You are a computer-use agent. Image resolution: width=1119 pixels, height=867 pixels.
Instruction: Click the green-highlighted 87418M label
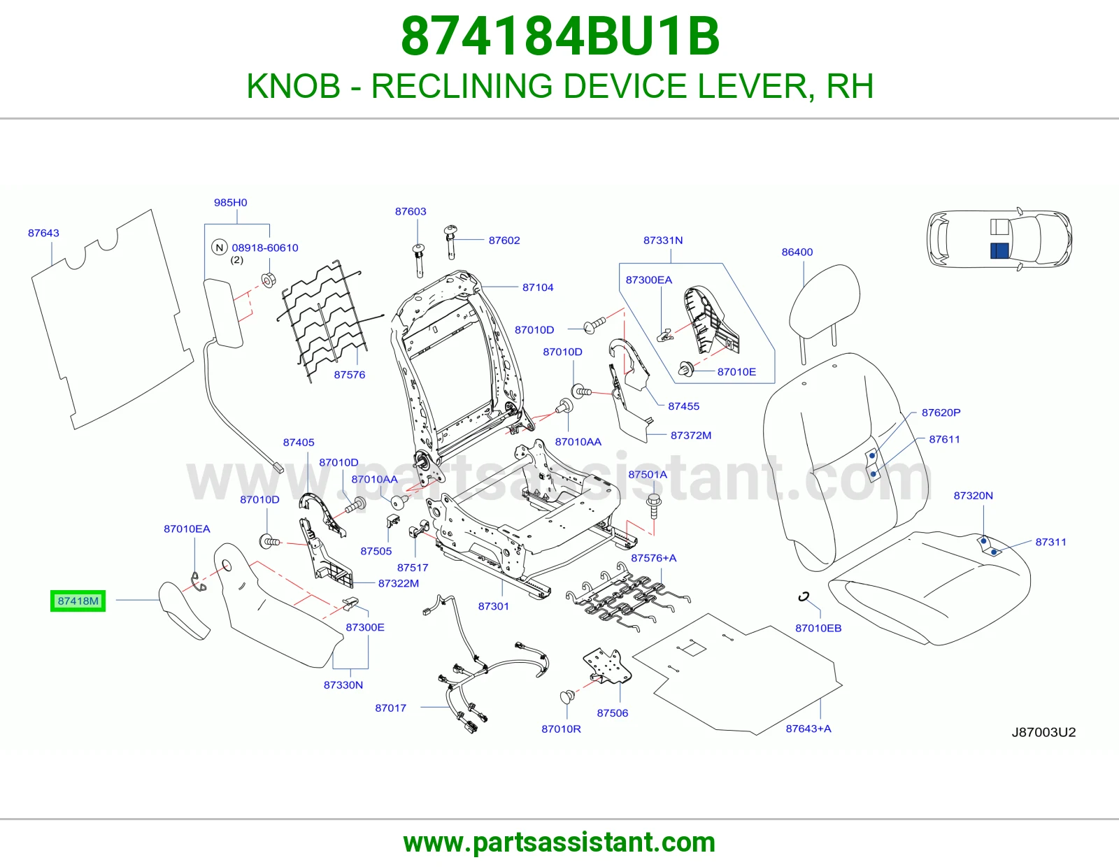point(78,601)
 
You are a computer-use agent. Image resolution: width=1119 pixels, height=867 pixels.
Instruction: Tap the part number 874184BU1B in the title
point(559,36)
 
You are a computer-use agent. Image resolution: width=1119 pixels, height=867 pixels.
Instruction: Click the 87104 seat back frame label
point(538,287)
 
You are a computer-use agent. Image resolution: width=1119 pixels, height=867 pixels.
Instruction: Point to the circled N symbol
point(220,247)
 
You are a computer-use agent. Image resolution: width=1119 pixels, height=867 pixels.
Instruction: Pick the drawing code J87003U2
point(1043,732)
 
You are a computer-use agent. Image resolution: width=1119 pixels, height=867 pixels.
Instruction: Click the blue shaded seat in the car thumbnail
point(999,251)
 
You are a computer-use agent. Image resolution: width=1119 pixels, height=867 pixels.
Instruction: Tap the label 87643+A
point(808,729)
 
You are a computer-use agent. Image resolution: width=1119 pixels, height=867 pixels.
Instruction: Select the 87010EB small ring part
point(804,596)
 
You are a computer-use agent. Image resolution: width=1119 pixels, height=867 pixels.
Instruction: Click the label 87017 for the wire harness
point(390,708)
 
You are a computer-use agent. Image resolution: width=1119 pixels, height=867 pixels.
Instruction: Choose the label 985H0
point(230,202)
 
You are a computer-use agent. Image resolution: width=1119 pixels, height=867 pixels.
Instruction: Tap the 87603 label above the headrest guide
point(411,211)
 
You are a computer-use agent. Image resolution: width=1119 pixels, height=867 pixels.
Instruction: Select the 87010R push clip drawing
point(567,697)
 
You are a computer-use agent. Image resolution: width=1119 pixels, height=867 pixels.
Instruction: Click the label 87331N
point(663,240)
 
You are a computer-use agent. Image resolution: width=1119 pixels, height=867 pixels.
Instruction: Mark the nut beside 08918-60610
point(269,280)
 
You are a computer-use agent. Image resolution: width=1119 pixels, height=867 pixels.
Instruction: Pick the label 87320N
point(973,495)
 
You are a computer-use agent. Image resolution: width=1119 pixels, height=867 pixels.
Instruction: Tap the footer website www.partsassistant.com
point(559,843)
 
